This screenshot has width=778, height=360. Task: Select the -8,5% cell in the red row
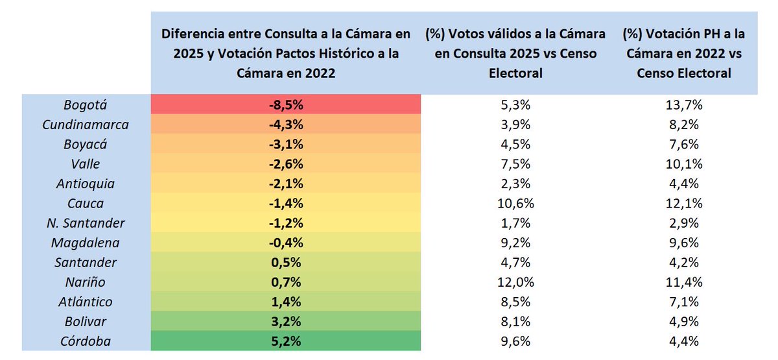[286, 104]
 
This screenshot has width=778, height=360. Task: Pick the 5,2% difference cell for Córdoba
[286, 341]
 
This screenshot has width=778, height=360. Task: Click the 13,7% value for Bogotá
[683, 104]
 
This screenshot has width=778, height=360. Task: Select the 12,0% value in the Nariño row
[515, 282]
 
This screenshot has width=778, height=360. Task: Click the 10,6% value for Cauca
[515, 203]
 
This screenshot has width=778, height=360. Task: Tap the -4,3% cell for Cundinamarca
[286, 125]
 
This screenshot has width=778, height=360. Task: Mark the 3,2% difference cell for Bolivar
[286, 322]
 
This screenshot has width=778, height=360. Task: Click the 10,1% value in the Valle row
[683, 163]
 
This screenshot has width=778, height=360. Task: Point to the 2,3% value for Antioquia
[515, 184]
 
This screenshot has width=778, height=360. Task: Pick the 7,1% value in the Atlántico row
[683, 302]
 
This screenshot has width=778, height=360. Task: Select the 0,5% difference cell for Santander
[286, 263]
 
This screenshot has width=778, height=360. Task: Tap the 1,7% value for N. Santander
[515, 223]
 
